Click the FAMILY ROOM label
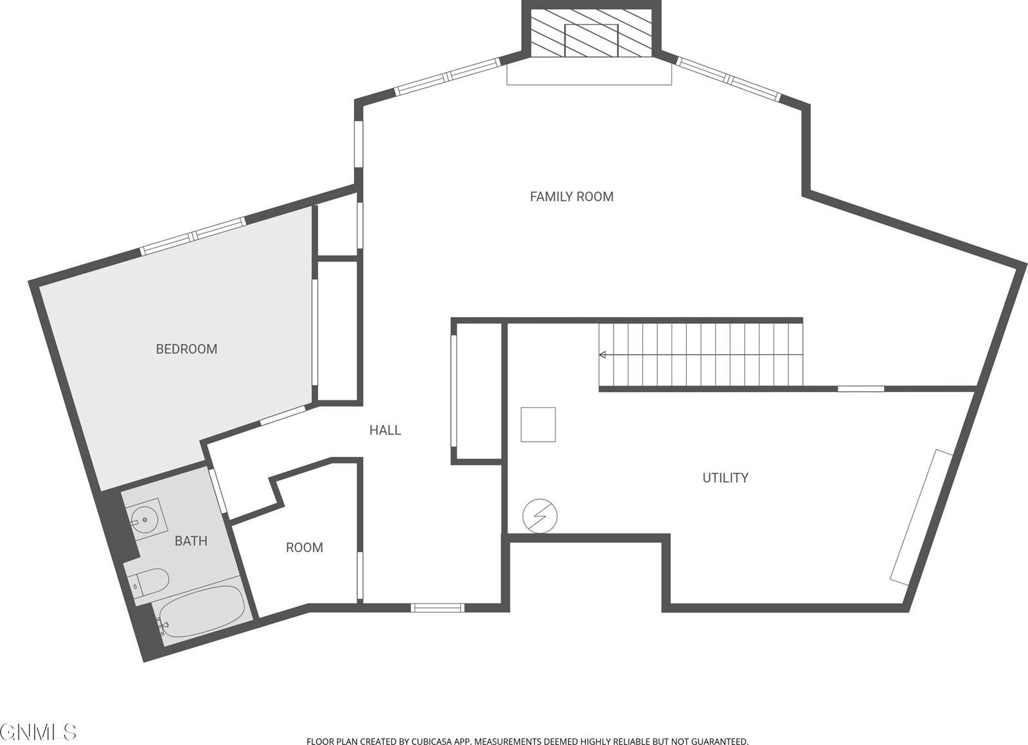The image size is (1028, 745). click(571, 197)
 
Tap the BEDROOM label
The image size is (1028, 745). click(186, 349)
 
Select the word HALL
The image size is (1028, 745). click(385, 431)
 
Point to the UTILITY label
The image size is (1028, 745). click(725, 478)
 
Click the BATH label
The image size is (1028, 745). click(191, 541)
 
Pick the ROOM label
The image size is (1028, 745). click(304, 548)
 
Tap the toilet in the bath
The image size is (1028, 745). click(150, 582)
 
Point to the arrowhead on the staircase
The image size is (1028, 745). click(603, 355)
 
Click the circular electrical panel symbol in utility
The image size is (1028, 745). click(540, 516)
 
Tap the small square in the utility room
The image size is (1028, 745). click(538, 424)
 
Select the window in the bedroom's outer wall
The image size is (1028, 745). click(193, 235)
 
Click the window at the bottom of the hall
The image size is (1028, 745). click(438, 607)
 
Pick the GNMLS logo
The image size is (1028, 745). click(39, 732)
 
